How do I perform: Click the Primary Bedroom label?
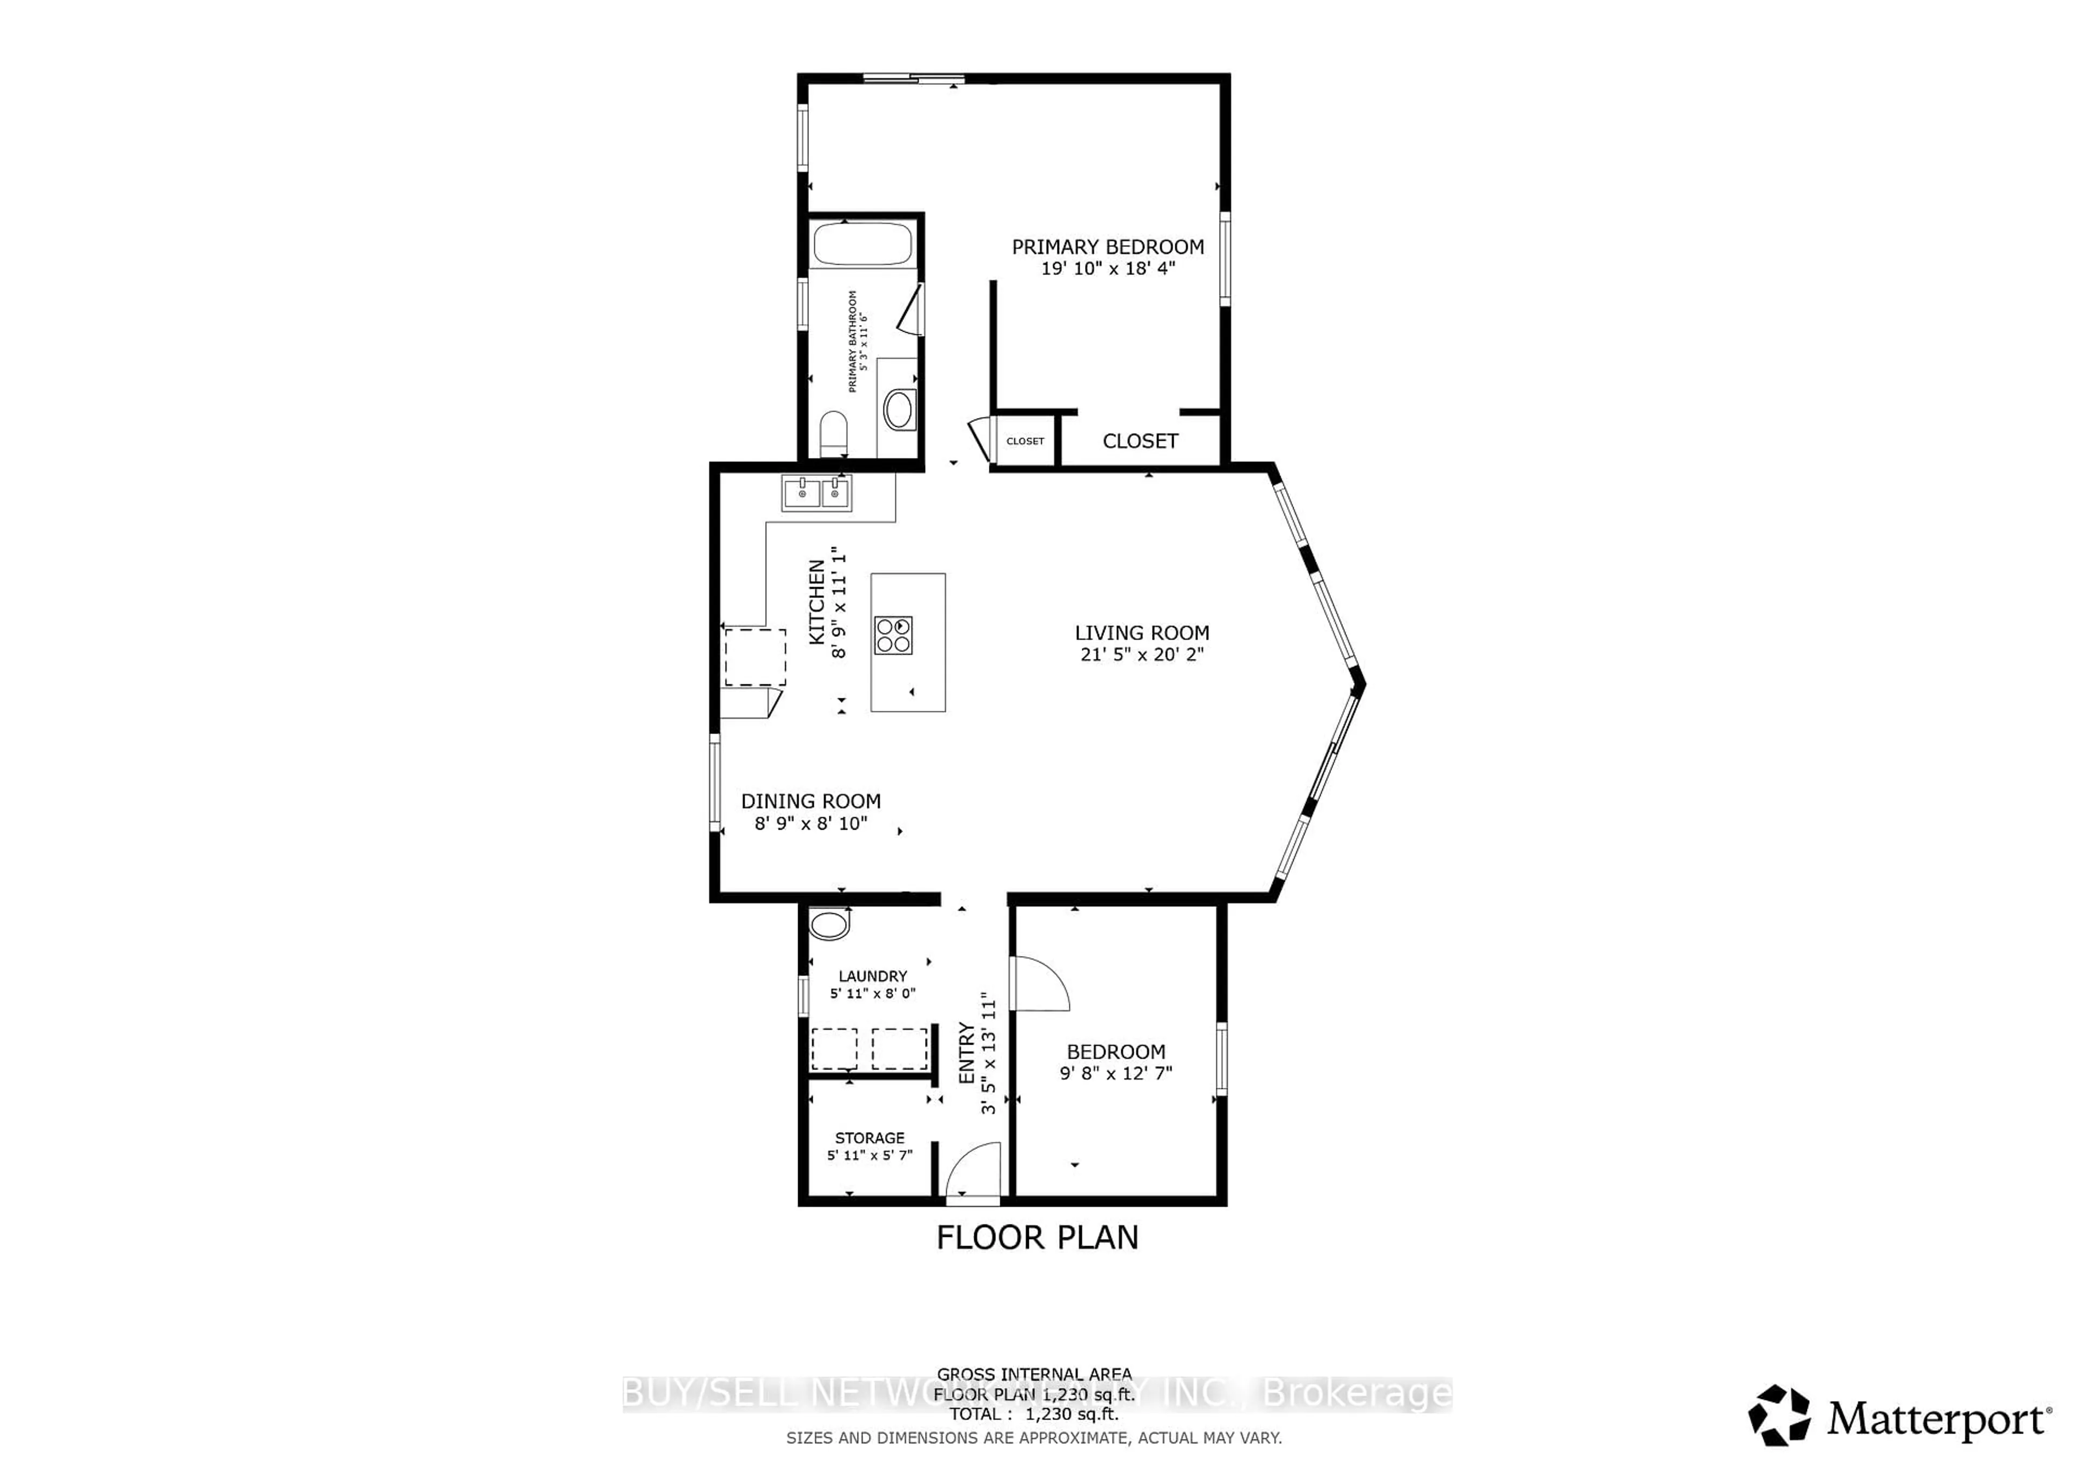pyautogui.click(x=1107, y=247)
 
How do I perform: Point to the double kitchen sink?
pyautogui.click(x=816, y=493)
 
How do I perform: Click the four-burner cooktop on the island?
pyautogui.click(x=893, y=635)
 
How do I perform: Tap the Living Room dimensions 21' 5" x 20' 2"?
pyautogui.click(x=1141, y=654)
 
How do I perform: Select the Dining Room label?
pyautogui.click(x=811, y=801)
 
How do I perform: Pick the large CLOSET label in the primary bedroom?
pyautogui.click(x=1140, y=441)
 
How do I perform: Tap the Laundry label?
pyautogui.click(x=872, y=977)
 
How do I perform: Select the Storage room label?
pyautogui.click(x=869, y=1138)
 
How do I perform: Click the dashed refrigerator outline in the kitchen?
pyautogui.click(x=755, y=657)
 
